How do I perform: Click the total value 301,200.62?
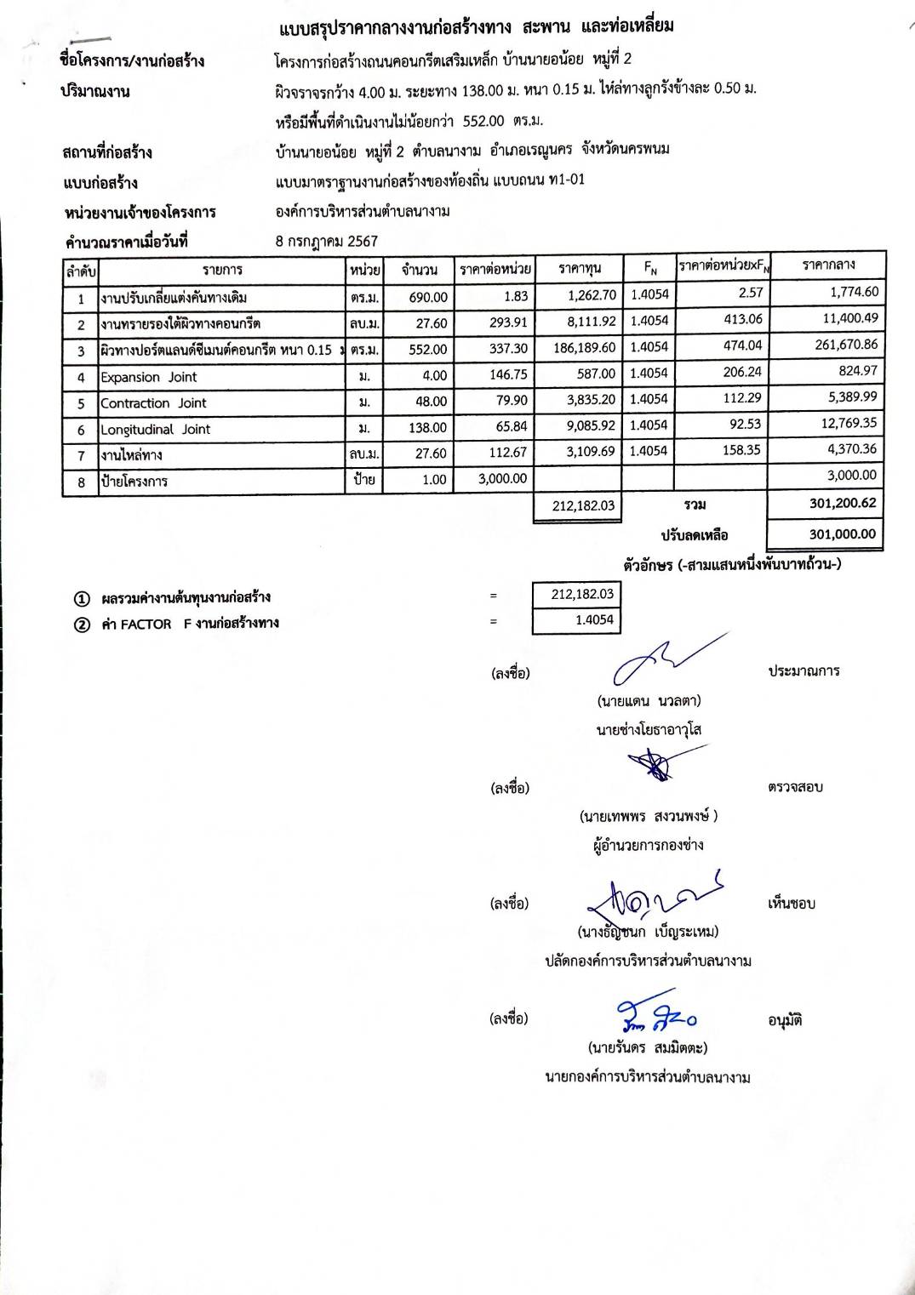(842, 503)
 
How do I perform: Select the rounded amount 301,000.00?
(842, 534)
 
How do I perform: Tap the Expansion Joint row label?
(148, 377)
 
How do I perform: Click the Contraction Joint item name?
(153, 403)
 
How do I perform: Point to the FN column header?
(650, 269)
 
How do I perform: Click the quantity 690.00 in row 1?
(428, 297)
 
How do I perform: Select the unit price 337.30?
(509, 349)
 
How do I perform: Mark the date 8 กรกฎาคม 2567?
(327, 241)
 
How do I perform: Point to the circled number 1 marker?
(82, 598)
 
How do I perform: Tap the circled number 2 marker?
(82, 625)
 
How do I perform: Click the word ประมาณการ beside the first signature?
(803, 670)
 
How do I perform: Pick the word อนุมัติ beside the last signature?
(785, 1020)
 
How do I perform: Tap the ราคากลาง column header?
(828, 265)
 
